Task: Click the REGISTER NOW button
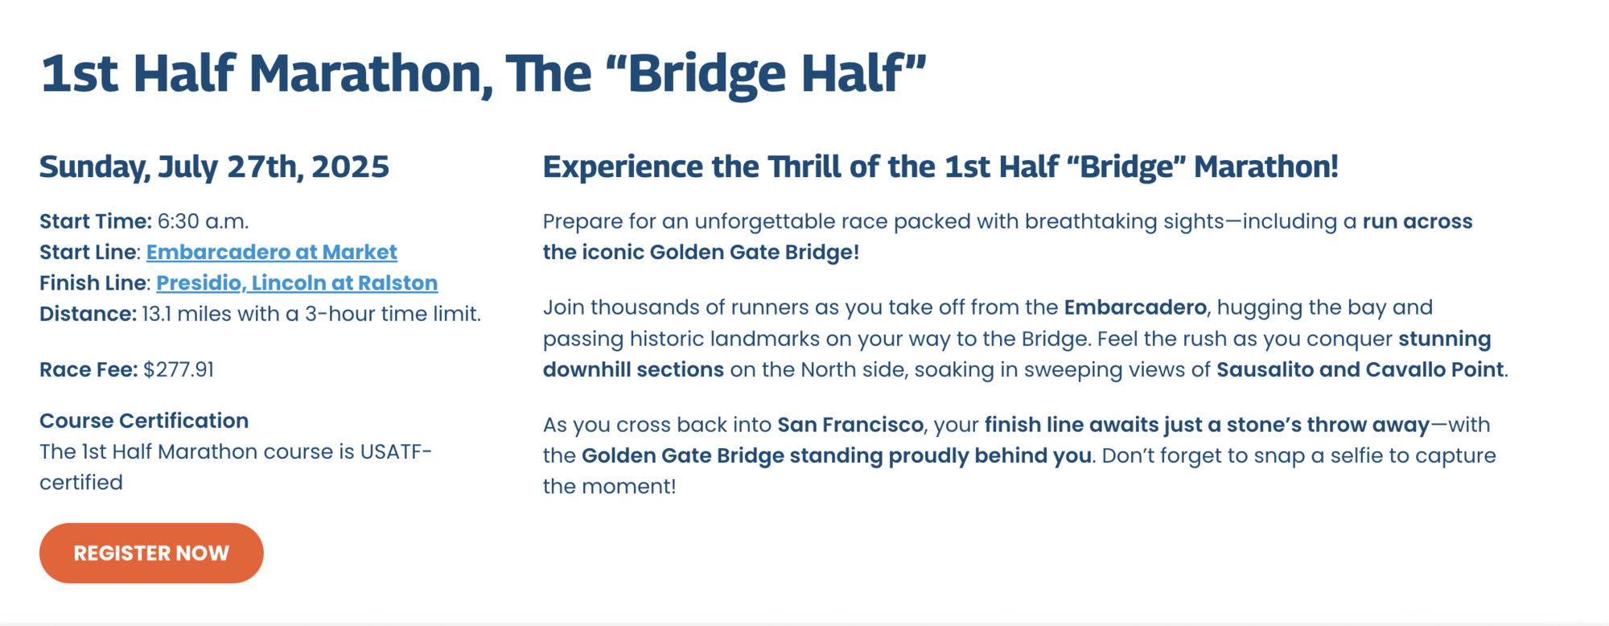[151, 553]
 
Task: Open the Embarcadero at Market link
[272, 252]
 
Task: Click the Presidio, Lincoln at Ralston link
[297, 283]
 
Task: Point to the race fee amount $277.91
[179, 369]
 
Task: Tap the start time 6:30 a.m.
[203, 221]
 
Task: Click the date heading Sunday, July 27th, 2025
[214, 167]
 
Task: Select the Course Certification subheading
[144, 421]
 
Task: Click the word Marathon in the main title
[370, 75]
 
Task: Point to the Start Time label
[96, 221]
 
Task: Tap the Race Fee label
[88, 369]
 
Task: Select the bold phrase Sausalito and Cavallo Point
[1360, 369]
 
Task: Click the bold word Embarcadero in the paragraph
[1135, 307]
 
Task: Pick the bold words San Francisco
[850, 425]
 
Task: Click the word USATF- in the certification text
[396, 451]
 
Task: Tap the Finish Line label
[94, 283]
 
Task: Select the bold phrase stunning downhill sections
[1017, 354]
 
